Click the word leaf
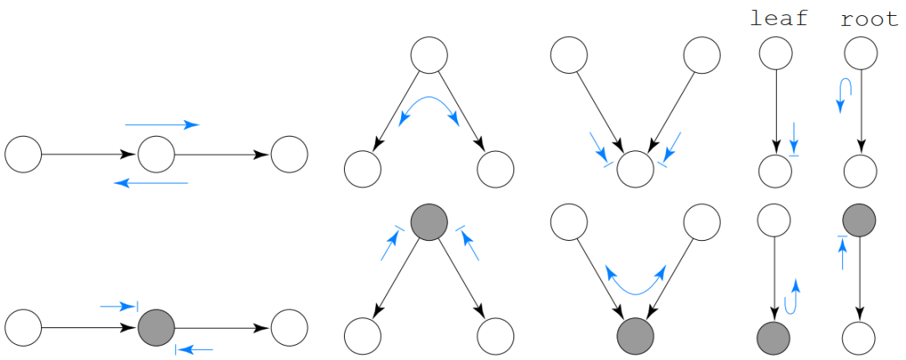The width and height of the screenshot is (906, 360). (778, 18)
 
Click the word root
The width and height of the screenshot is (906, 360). (869, 18)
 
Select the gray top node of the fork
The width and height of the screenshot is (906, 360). (429, 222)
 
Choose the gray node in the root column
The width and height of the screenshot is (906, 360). (860, 220)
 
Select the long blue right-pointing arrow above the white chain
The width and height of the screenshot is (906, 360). (162, 125)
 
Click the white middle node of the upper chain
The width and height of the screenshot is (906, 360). (156, 154)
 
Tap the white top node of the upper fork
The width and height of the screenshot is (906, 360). (429, 55)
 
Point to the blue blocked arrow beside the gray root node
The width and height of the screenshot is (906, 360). (841, 251)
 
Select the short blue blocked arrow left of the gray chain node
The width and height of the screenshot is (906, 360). (118, 306)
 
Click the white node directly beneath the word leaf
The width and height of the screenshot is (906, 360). (775, 54)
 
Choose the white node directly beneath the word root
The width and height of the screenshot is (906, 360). (860, 54)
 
